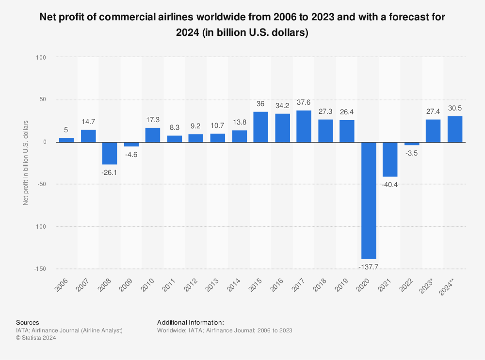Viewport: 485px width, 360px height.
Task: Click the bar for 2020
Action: coord(369,200)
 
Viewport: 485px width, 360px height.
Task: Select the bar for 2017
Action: coord(304,126)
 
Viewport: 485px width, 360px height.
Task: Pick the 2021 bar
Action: coord(390,159)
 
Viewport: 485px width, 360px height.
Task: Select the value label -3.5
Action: coord(412,153)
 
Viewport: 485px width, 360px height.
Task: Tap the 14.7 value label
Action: coord(88,122)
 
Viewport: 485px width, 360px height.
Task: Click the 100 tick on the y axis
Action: coord(41,57)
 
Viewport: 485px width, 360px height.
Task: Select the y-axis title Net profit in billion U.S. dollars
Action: coord(26,163)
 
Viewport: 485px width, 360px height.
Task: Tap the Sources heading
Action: coord(28,322)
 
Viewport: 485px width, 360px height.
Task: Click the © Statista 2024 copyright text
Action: coord(36,338)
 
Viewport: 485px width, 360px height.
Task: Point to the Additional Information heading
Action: coord(190,322)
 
